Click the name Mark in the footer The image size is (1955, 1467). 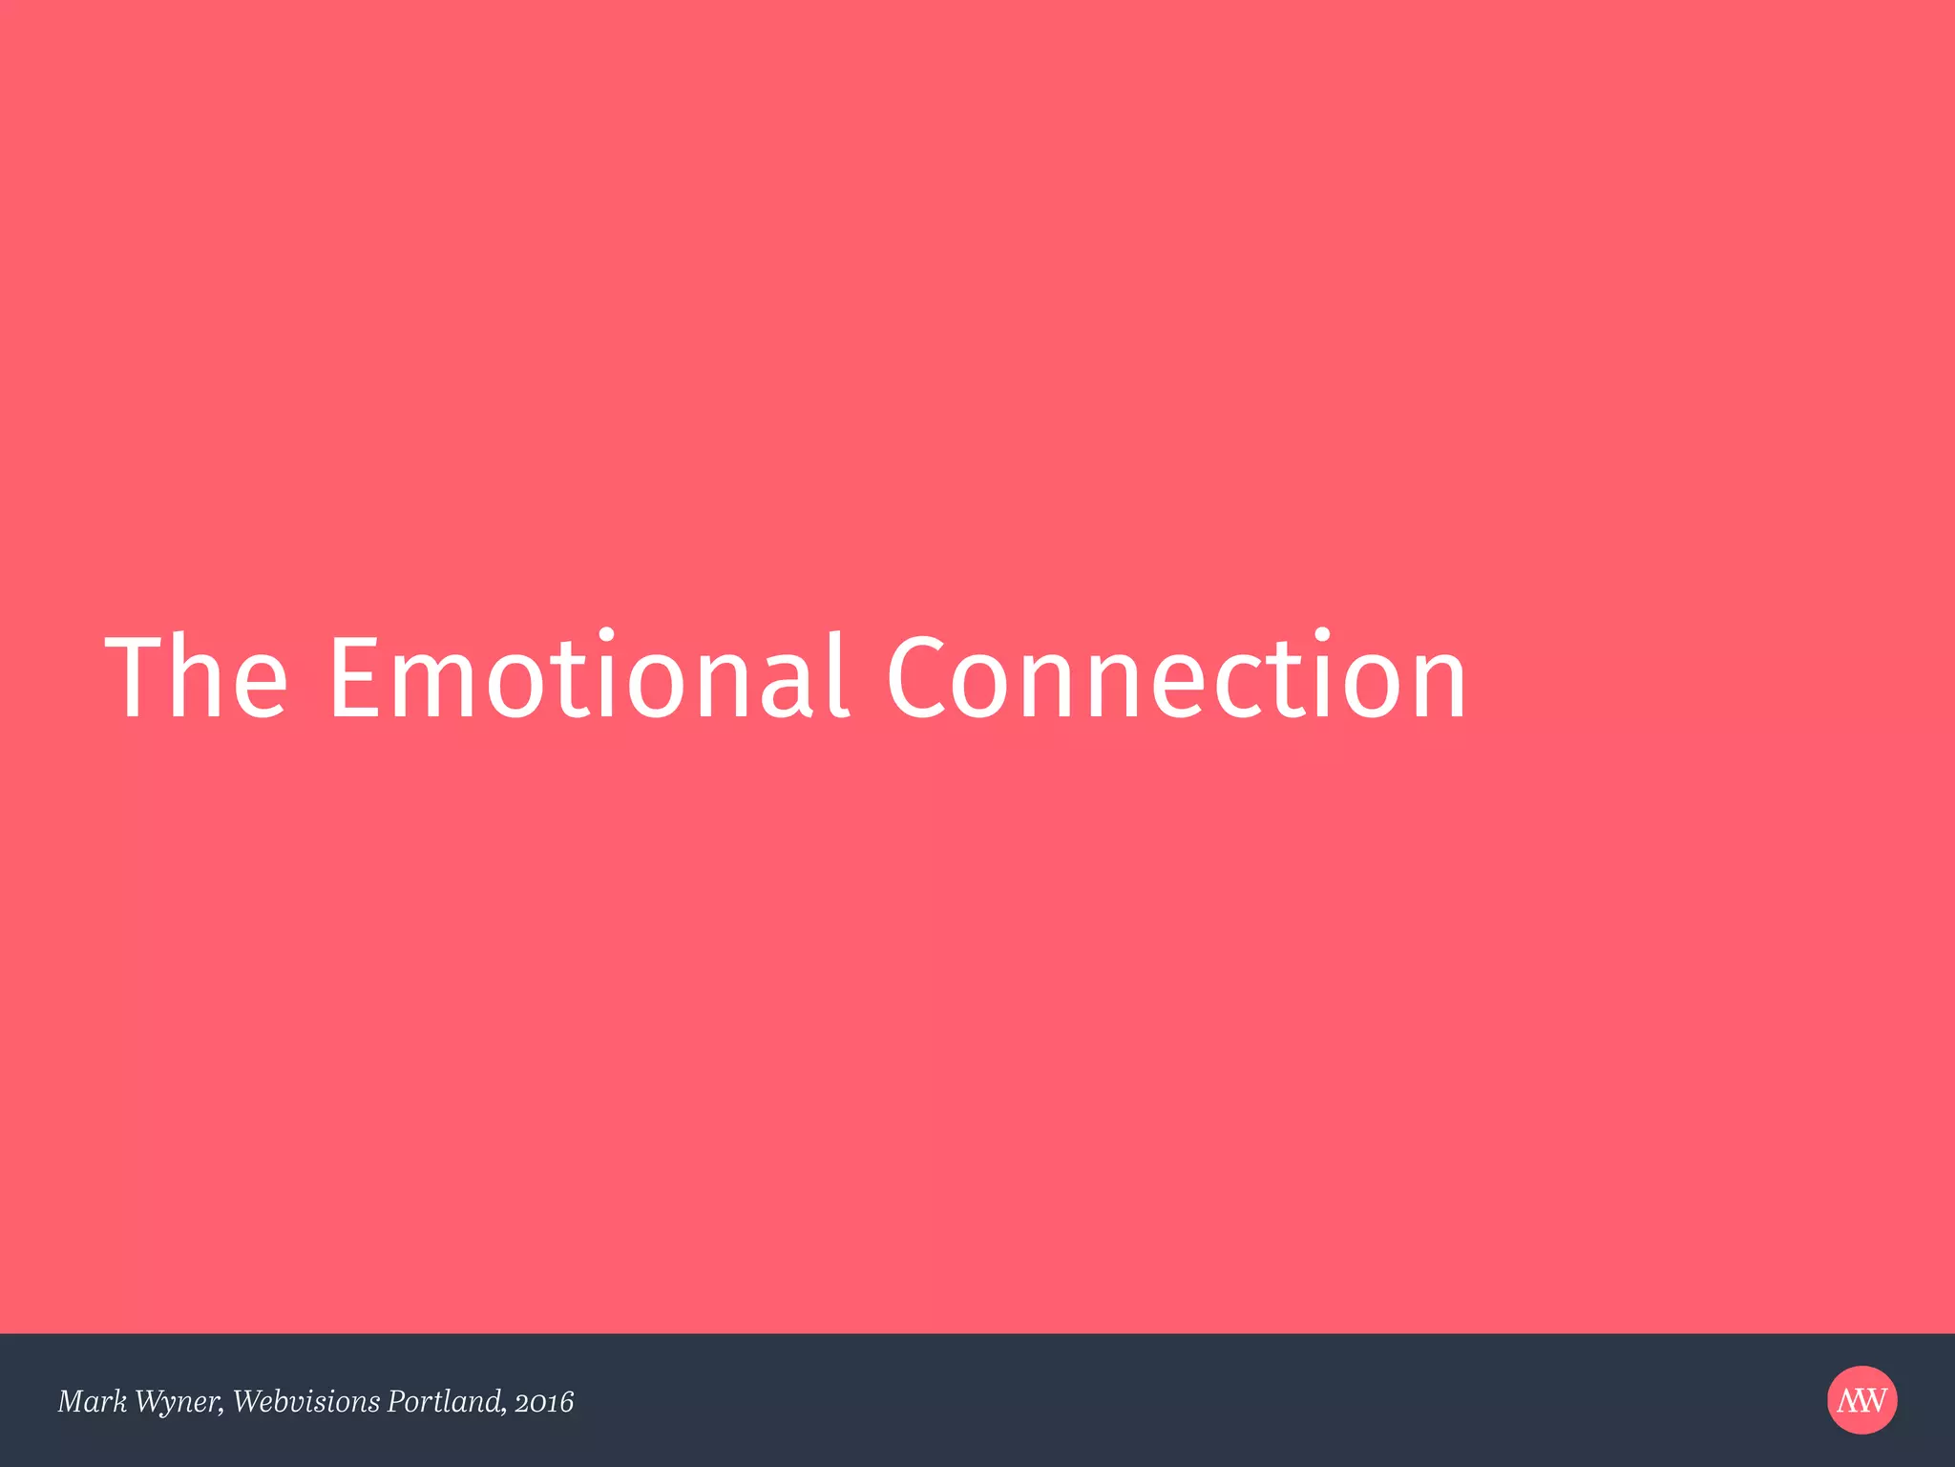[x=92, y=1401]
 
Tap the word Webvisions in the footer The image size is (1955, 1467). [x=306, y=1401]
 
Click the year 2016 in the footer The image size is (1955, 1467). [x=544, y=1402]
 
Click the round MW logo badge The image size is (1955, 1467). [x=1862, y=1400]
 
